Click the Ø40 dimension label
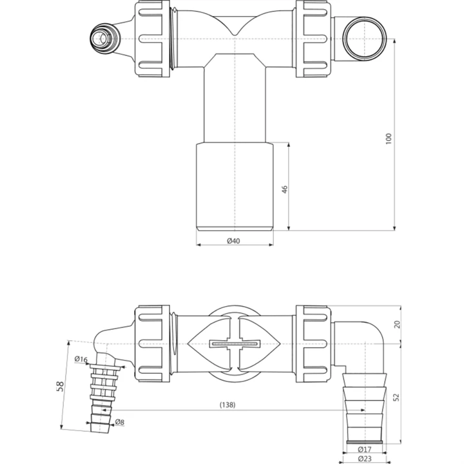click(234, 241)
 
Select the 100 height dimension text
click(389, 139)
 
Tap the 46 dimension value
click(284, 189)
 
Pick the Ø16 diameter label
click(81, 360)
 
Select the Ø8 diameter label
click(119, 423)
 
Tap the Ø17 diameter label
click(365, 449)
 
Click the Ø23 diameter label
click(365, 458)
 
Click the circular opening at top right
click(361, 39)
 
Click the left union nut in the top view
click(151, 39)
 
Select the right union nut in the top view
click(314, 39)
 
